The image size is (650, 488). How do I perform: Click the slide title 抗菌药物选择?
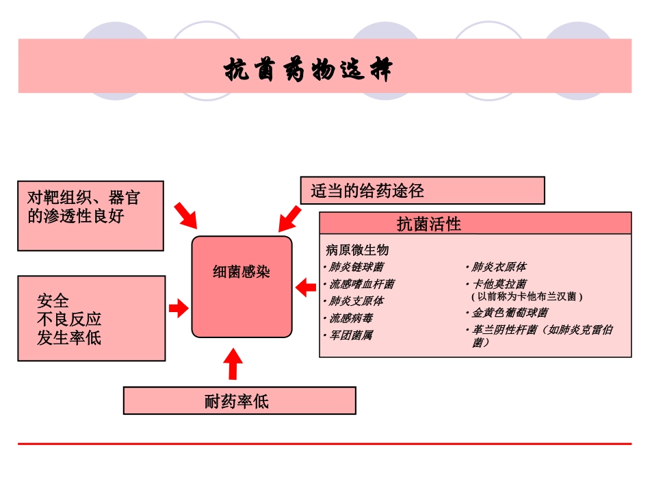click(x=309, y=70)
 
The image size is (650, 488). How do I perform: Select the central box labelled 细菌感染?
click(x=242, y=286)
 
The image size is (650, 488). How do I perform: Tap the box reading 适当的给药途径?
click(x=422, y=190)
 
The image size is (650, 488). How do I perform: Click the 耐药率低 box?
click(x=239, y=400)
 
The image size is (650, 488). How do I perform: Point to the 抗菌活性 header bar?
click(x=475, y=223)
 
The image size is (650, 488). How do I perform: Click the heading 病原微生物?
click(x=357, y=250)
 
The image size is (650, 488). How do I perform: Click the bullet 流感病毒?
click(x=351, y=318)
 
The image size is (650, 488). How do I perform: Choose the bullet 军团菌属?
click(x=351, y=335)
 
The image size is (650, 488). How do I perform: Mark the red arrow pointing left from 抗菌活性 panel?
click(x=306, y=288)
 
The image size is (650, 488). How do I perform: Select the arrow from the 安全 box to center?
click(x=178, y=309)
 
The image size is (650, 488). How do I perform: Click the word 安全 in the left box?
click(x=53, y=301)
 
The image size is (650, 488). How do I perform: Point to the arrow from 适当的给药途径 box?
click(x=289, y=219)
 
